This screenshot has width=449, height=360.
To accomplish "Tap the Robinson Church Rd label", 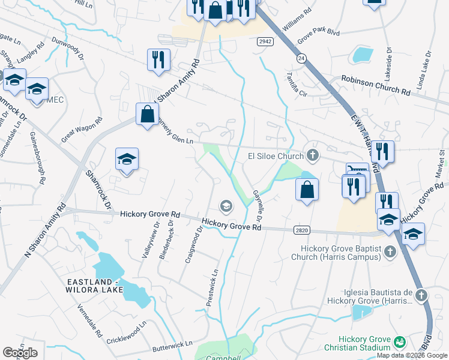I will click(376, 86).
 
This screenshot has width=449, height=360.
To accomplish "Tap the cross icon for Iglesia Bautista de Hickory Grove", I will click(421, 295).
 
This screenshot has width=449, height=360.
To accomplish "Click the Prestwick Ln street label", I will click(211, 292).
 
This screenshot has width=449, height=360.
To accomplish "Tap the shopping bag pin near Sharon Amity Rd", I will click(147, 114).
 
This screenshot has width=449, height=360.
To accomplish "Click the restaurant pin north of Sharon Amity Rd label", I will click(158, 60).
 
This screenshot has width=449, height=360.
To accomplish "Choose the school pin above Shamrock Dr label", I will click(127, 160).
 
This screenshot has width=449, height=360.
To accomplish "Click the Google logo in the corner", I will click(20, 353).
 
